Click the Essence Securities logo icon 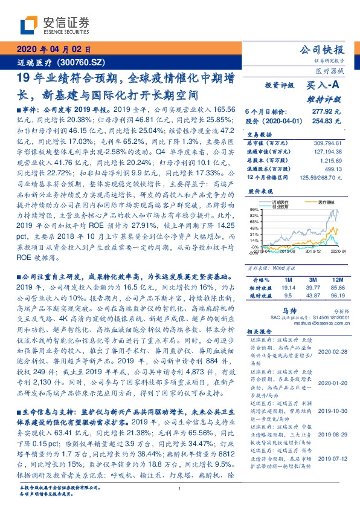27,24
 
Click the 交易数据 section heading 260,134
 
